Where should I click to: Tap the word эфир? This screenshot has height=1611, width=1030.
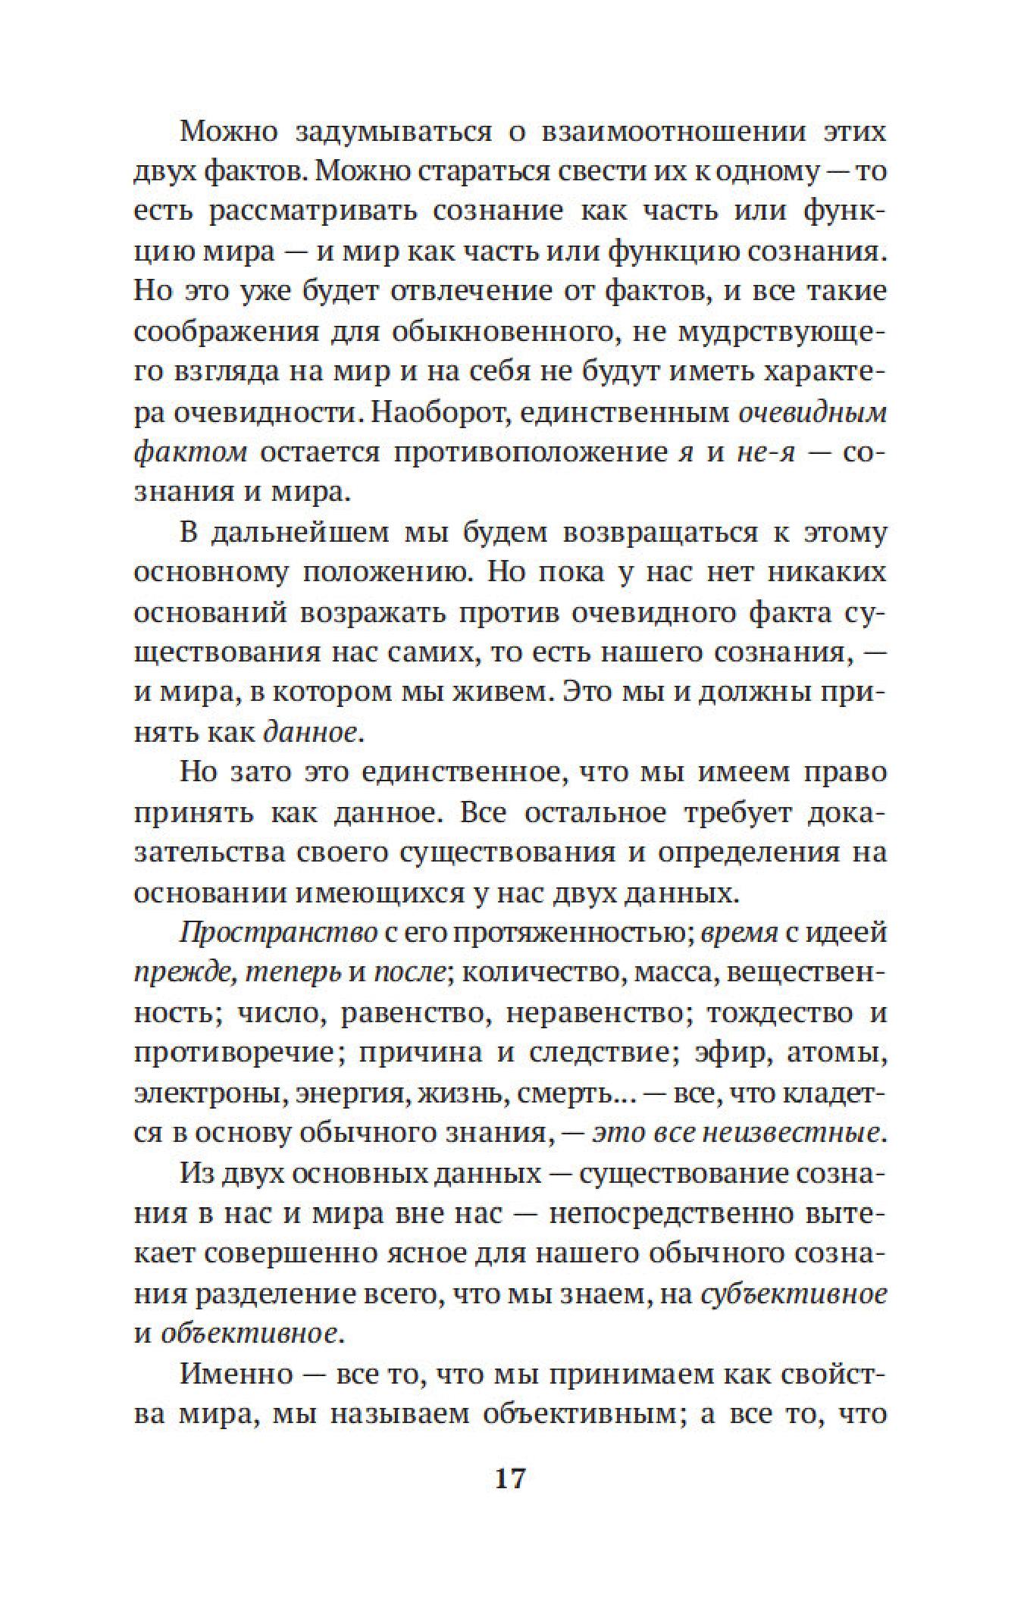pos(728,1053)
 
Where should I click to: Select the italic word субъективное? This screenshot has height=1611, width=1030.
pos(793,1294)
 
